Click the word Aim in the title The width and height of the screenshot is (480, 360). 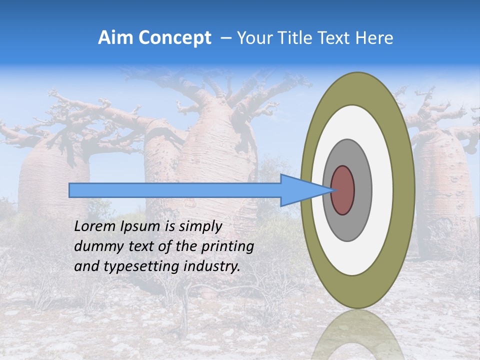pyautogui.click(x=114, y=38)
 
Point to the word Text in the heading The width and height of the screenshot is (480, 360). pyautogui.click(x=337, y=38)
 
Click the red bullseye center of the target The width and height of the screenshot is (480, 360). pyautogui.click(x=343, y=190)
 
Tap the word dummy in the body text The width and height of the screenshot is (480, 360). pyautogui.click(x=95, y=246)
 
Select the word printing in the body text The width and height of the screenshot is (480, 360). pyautogui.click(x=227, y=246)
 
